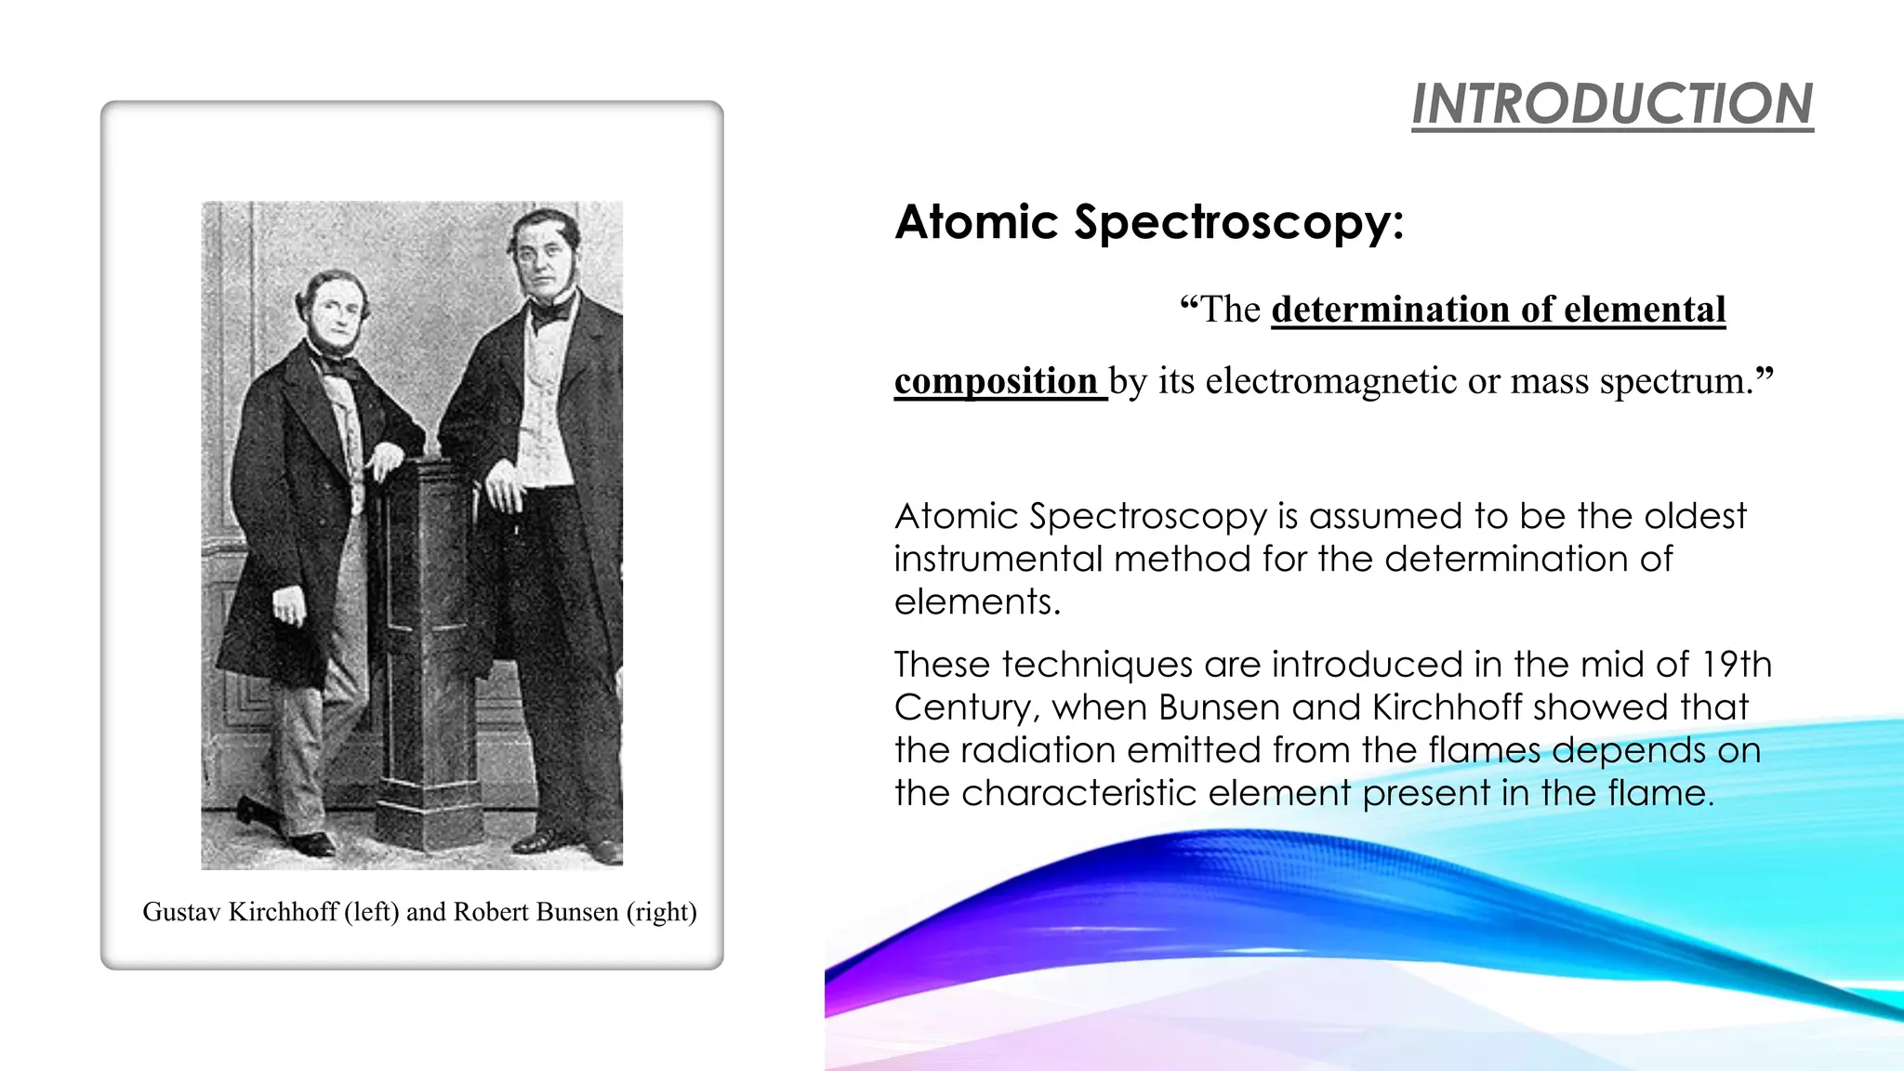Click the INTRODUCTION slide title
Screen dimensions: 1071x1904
pyautogui.click(x=1612, y=103)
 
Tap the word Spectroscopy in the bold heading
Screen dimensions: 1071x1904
pyautogui.click(x=1237, y=222)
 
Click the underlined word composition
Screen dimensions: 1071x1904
pyautogui.click(x=996, y=381)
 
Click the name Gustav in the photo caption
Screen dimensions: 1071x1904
pyautogui.click(x=181, y=912)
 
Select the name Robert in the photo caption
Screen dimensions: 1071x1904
pyautogui.click(x=490, y=912)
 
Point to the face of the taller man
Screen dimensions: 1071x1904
pyautogui.click(x=542, y=258)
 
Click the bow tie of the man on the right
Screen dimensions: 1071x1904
pyautogui.click(x=550, y=311)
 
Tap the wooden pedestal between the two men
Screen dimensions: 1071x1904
pyautogui.click(x=429, y=651)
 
